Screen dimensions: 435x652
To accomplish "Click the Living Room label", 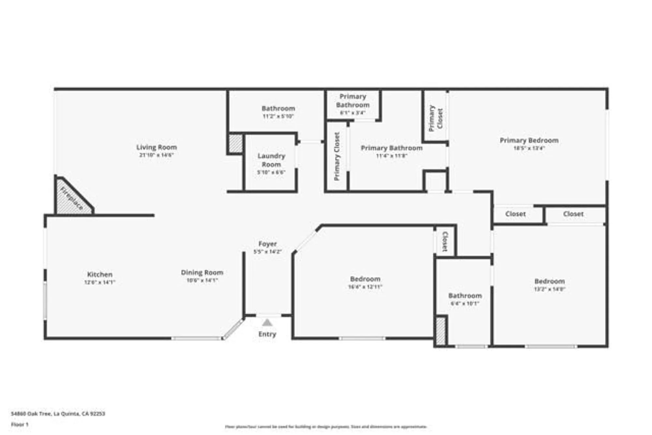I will [156, 147].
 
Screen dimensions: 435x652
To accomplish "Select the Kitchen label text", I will [100, 275].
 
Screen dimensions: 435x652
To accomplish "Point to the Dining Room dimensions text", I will [202, 280].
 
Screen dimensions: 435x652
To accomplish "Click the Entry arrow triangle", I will [267, 323].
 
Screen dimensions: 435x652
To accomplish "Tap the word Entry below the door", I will [267, 334].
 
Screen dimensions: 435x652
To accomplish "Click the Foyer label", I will [268, 244].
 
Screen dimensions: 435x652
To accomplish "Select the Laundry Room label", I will [271, 160].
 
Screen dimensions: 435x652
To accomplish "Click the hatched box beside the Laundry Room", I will [235, 143].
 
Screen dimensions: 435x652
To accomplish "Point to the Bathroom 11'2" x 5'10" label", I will [278, 109].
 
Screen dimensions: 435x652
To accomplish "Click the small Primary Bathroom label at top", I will [353, 101].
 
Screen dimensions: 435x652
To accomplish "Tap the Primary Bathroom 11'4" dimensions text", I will [392, 156].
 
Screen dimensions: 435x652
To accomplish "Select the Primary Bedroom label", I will [529, 141].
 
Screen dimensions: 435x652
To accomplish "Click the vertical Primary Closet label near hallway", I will [337, 157].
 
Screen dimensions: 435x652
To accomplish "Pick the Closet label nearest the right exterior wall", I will [573, 214].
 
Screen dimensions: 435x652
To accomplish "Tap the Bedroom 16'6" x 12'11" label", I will [365, 279].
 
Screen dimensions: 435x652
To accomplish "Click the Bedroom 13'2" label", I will [549, 281].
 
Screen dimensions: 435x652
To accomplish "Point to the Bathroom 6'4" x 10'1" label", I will [465, 296].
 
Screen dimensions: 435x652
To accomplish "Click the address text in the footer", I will [58, 414].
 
